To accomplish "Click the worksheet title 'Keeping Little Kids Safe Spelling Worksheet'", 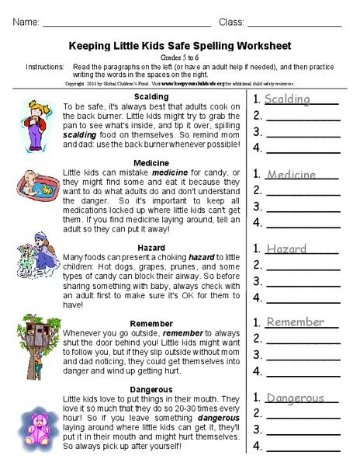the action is coord(180,46).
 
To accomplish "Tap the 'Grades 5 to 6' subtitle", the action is coord(180,57).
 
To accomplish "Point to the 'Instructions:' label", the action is coord(44,68).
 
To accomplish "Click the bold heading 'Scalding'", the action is coord(151,96).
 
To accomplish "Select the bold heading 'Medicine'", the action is coord(151,162).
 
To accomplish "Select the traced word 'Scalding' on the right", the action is coord(287,99).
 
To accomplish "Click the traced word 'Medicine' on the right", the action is coord(291,175).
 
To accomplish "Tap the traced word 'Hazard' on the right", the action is coord(286,249).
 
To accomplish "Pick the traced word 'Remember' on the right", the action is coord(295,322).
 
